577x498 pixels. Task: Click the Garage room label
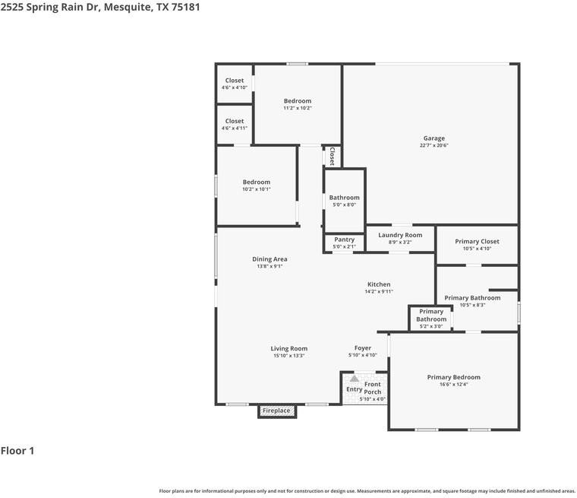click(x=434, y=138)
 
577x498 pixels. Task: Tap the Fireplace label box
click(x=276, y=411)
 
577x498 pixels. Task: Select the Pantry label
click(x=344, y=239)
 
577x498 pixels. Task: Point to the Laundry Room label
click(x=400, y=236)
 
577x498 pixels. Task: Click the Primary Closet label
click(x=478, y=242)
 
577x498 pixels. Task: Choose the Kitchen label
click(x=378, y=284)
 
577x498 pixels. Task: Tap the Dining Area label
click(x=270, y=259)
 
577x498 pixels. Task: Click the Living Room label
click(x=288, y=349)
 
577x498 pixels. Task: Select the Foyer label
click(x=363, y=348)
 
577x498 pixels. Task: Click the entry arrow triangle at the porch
click(x=354, y=378)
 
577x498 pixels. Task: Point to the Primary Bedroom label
click(x=453, y=377)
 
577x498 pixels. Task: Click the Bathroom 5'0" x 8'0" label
click(x=344, y=198)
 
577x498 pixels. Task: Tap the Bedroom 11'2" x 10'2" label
click(x=298, y=101)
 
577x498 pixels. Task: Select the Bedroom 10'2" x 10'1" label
click(x=257, y=182)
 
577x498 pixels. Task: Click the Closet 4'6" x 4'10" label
click(x=235, y=81)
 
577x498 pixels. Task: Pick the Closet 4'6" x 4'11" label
click(x=235, y=121)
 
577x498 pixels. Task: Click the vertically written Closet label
click(x=332, y=156)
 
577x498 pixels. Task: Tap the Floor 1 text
click(x=17, y=451)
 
